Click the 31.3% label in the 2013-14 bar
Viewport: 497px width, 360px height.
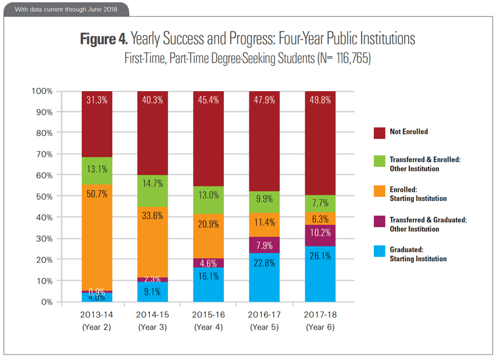click(97, 101)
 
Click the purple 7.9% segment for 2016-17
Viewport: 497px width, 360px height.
click(264, 245)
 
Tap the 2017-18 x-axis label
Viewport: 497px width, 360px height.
click(319, 316)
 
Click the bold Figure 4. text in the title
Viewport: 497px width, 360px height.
click(104, 39)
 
